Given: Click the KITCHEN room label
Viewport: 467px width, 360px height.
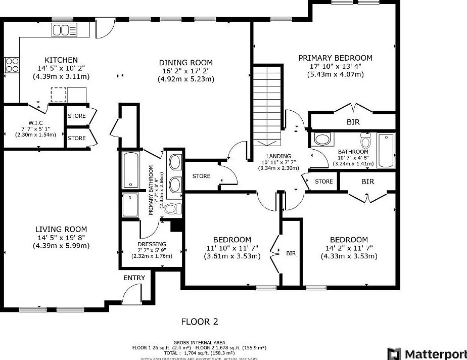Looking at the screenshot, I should pos(61,60).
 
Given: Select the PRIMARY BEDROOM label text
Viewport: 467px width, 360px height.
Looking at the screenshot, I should pos(335,58).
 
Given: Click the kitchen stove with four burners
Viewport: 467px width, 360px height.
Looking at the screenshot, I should pos(12,65).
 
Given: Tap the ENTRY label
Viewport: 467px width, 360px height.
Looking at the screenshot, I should pos(134,278).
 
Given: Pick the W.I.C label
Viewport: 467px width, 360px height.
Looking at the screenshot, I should pos(35,122).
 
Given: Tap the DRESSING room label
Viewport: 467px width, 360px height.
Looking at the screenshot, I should pos(152,244).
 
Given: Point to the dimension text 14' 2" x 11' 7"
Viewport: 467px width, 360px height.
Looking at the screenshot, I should pos(349,248).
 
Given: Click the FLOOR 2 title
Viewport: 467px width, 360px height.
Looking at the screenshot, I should pos(200,322).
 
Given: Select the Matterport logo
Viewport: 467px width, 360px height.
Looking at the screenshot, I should pos(426,353).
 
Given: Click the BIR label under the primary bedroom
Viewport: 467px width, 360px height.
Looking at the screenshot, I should pos(353,122).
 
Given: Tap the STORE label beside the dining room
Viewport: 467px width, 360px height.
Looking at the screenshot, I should pos(201,176).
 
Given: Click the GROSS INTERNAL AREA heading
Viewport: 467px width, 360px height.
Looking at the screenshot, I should pos(199,342).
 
